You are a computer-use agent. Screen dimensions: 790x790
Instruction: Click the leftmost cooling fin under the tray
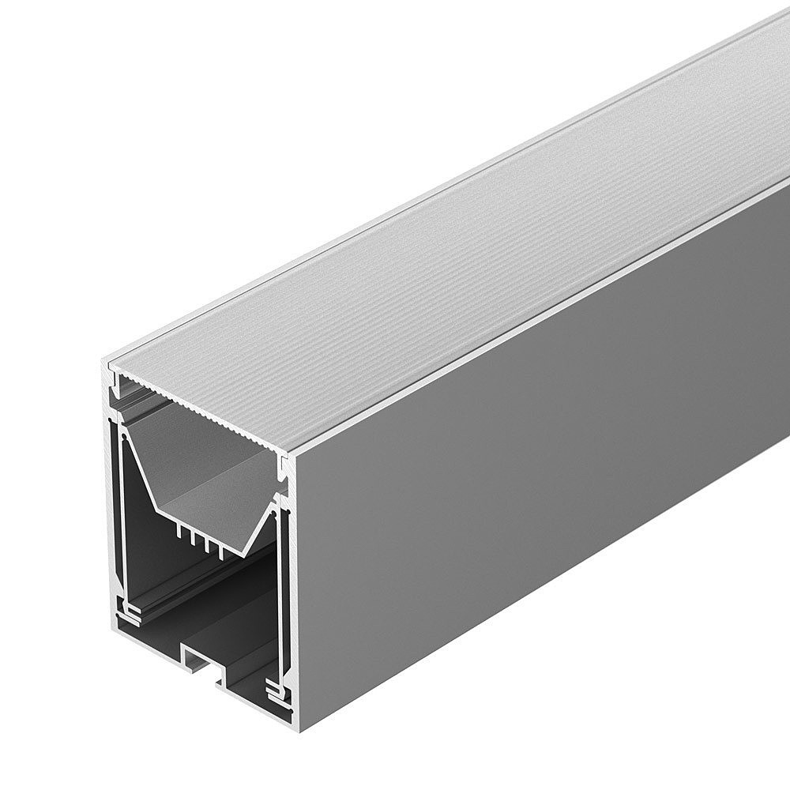(x=180, y=533)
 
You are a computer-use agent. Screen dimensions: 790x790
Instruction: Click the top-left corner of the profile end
(x=107, y=363)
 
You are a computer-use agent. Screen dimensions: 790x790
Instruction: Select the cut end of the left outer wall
(x=111, y=506)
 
